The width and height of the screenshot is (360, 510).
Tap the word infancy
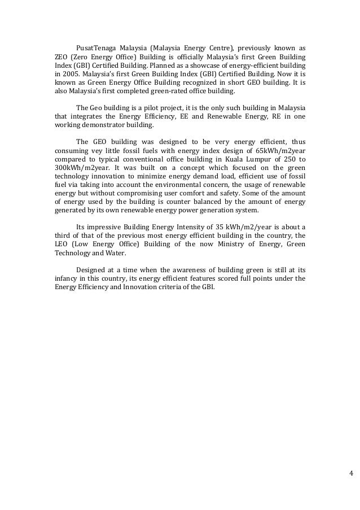pyautogui.click(x=67, y=278)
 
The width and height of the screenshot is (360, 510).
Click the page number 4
pyautogui.click(x=350, y=473)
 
